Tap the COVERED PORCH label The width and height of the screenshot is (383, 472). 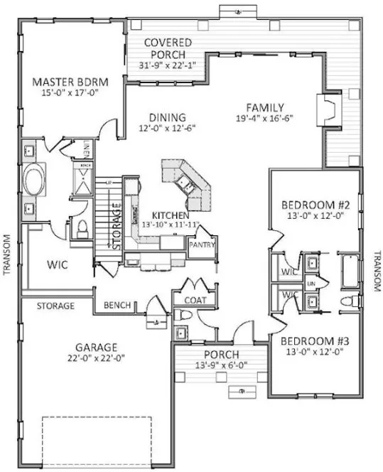coord(166,43)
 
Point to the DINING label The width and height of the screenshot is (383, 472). coord(168,117)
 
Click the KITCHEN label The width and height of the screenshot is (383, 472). coord(170,215)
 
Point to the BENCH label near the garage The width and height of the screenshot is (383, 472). coord(117,306)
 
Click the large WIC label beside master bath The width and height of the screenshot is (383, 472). coord(58,265)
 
